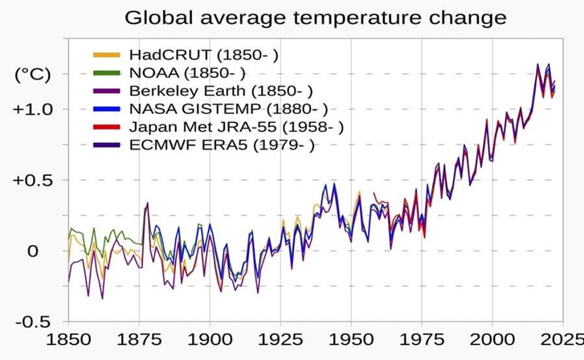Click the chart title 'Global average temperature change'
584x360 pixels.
[x=316, y=17]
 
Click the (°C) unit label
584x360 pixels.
[x=33, y=75]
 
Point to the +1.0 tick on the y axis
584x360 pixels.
[x=31, y=108]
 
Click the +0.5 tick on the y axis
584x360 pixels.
[x=31, y=180]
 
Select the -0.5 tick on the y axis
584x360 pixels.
[x=33, y=321]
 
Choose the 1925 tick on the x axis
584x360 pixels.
[x=280, y=341]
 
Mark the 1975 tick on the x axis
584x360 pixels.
[x=421, y=341]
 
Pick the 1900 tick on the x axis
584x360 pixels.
[x=210, y=341]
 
